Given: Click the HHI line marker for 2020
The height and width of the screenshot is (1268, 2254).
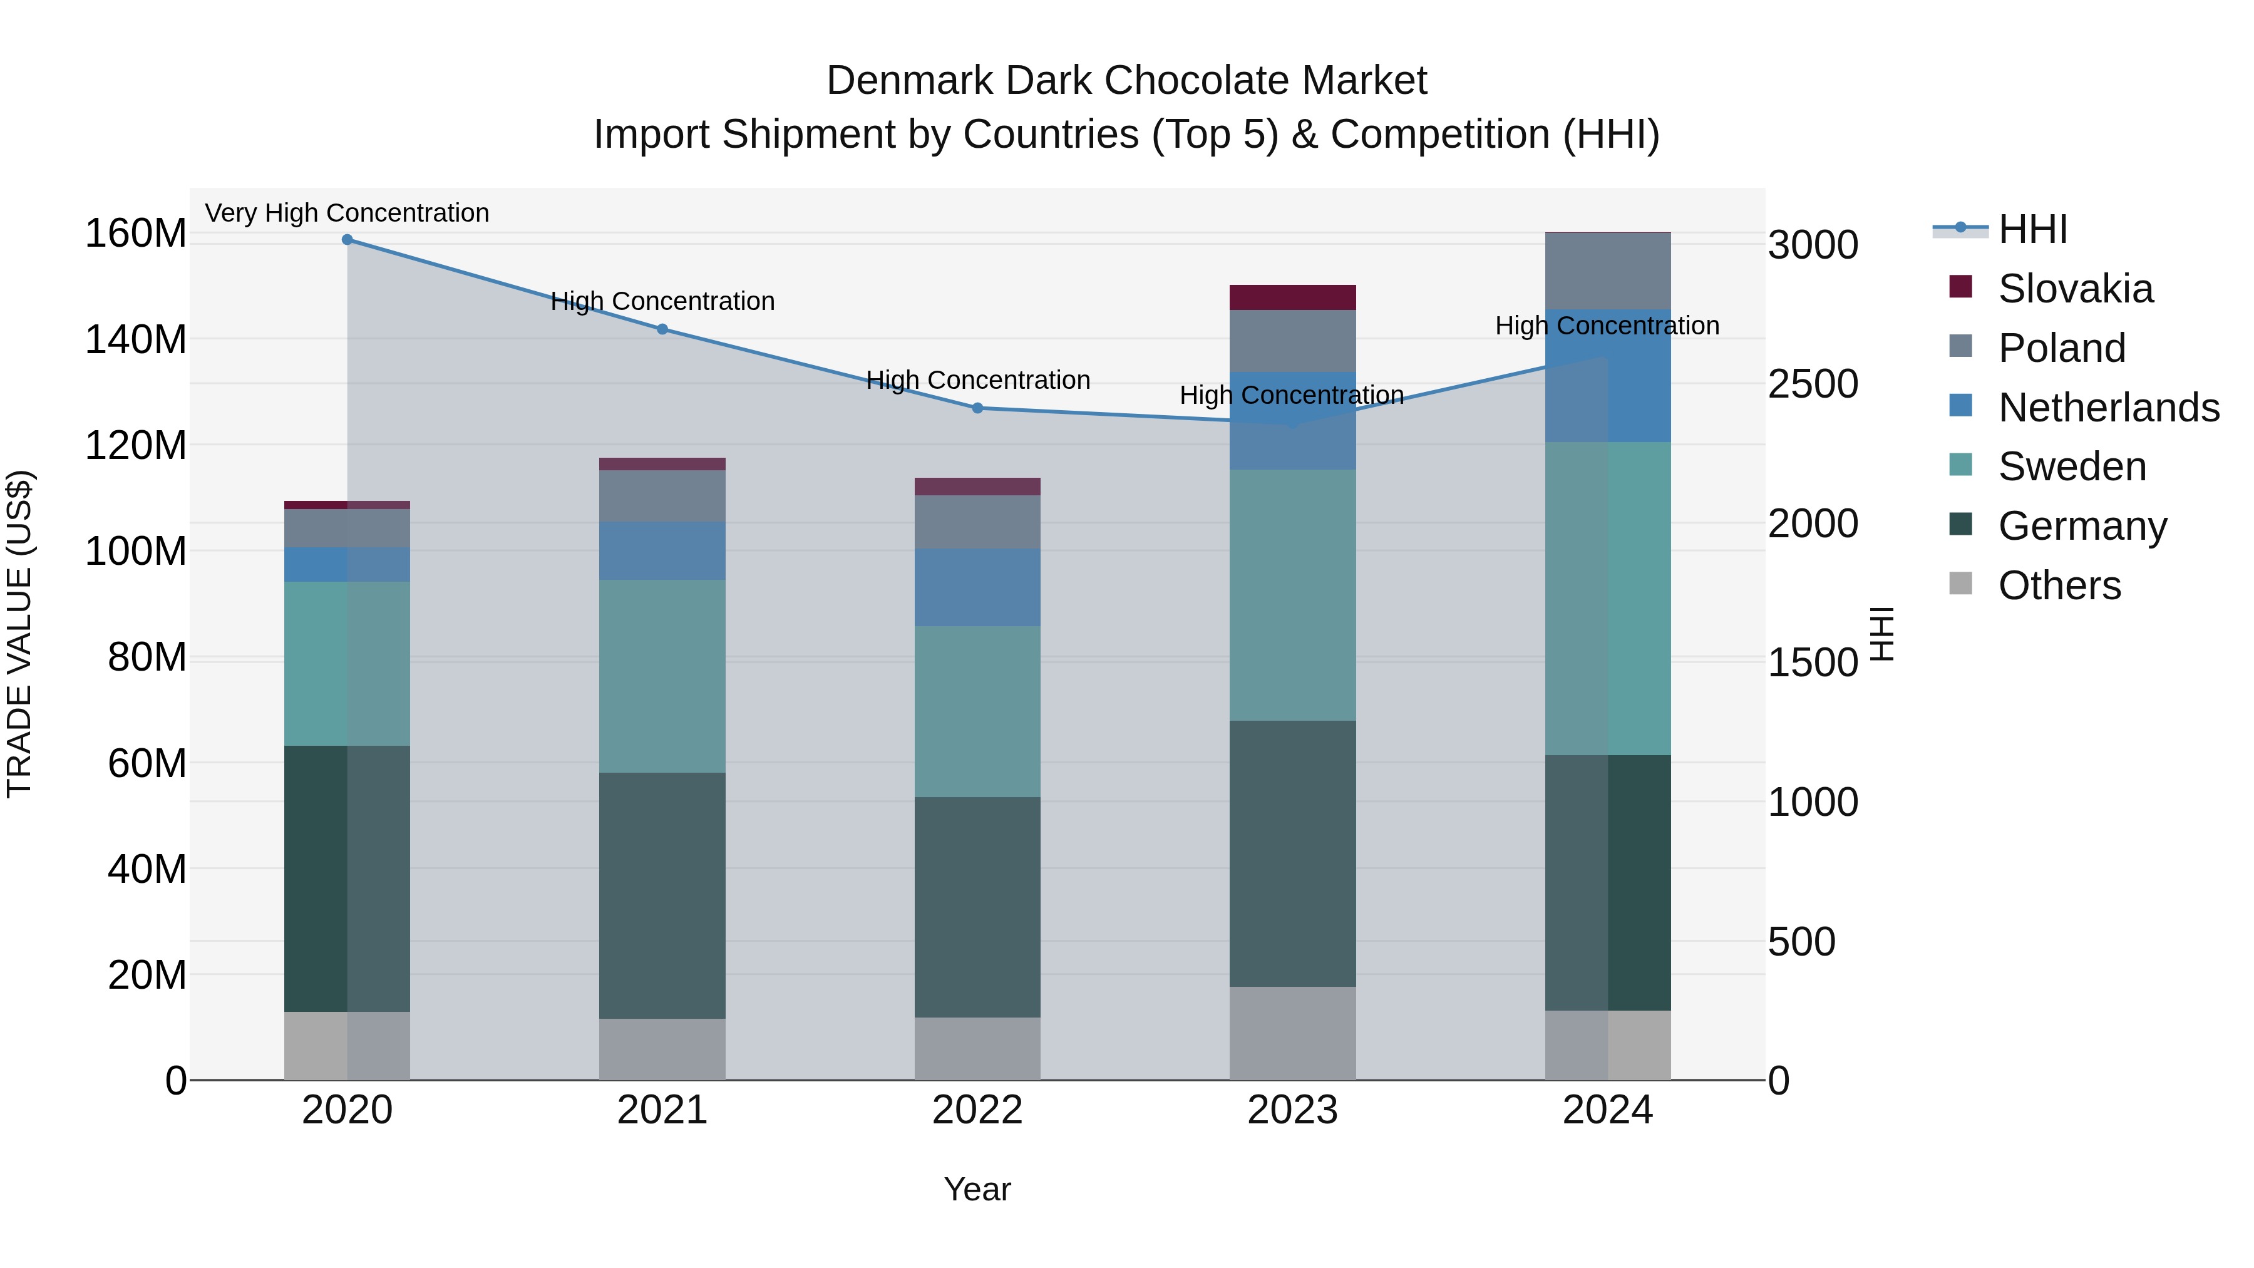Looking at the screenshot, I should coord(347,240).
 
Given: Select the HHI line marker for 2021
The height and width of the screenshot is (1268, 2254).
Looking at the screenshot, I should coord(662,329).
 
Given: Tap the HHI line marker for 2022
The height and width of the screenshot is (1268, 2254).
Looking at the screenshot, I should coord(977,408).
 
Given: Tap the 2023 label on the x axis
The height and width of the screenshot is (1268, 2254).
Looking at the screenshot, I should coord(1292,1110).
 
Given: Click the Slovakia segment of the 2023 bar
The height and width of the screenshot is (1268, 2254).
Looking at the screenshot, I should coord(1292,297).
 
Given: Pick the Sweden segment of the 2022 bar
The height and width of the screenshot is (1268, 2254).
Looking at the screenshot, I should coord(977,711).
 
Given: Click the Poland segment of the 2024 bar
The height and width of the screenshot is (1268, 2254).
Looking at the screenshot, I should coord(1607,271).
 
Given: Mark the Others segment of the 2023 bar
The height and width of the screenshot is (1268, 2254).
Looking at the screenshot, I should coord(1292,1033).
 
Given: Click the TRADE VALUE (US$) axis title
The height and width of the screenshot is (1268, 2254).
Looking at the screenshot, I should coord(19,634).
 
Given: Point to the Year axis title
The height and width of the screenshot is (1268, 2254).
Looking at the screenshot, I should coord(977,1189).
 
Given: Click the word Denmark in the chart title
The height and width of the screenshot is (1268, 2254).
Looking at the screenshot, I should coord(910,81).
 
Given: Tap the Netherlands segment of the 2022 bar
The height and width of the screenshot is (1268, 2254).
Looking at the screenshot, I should coord(977,587).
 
